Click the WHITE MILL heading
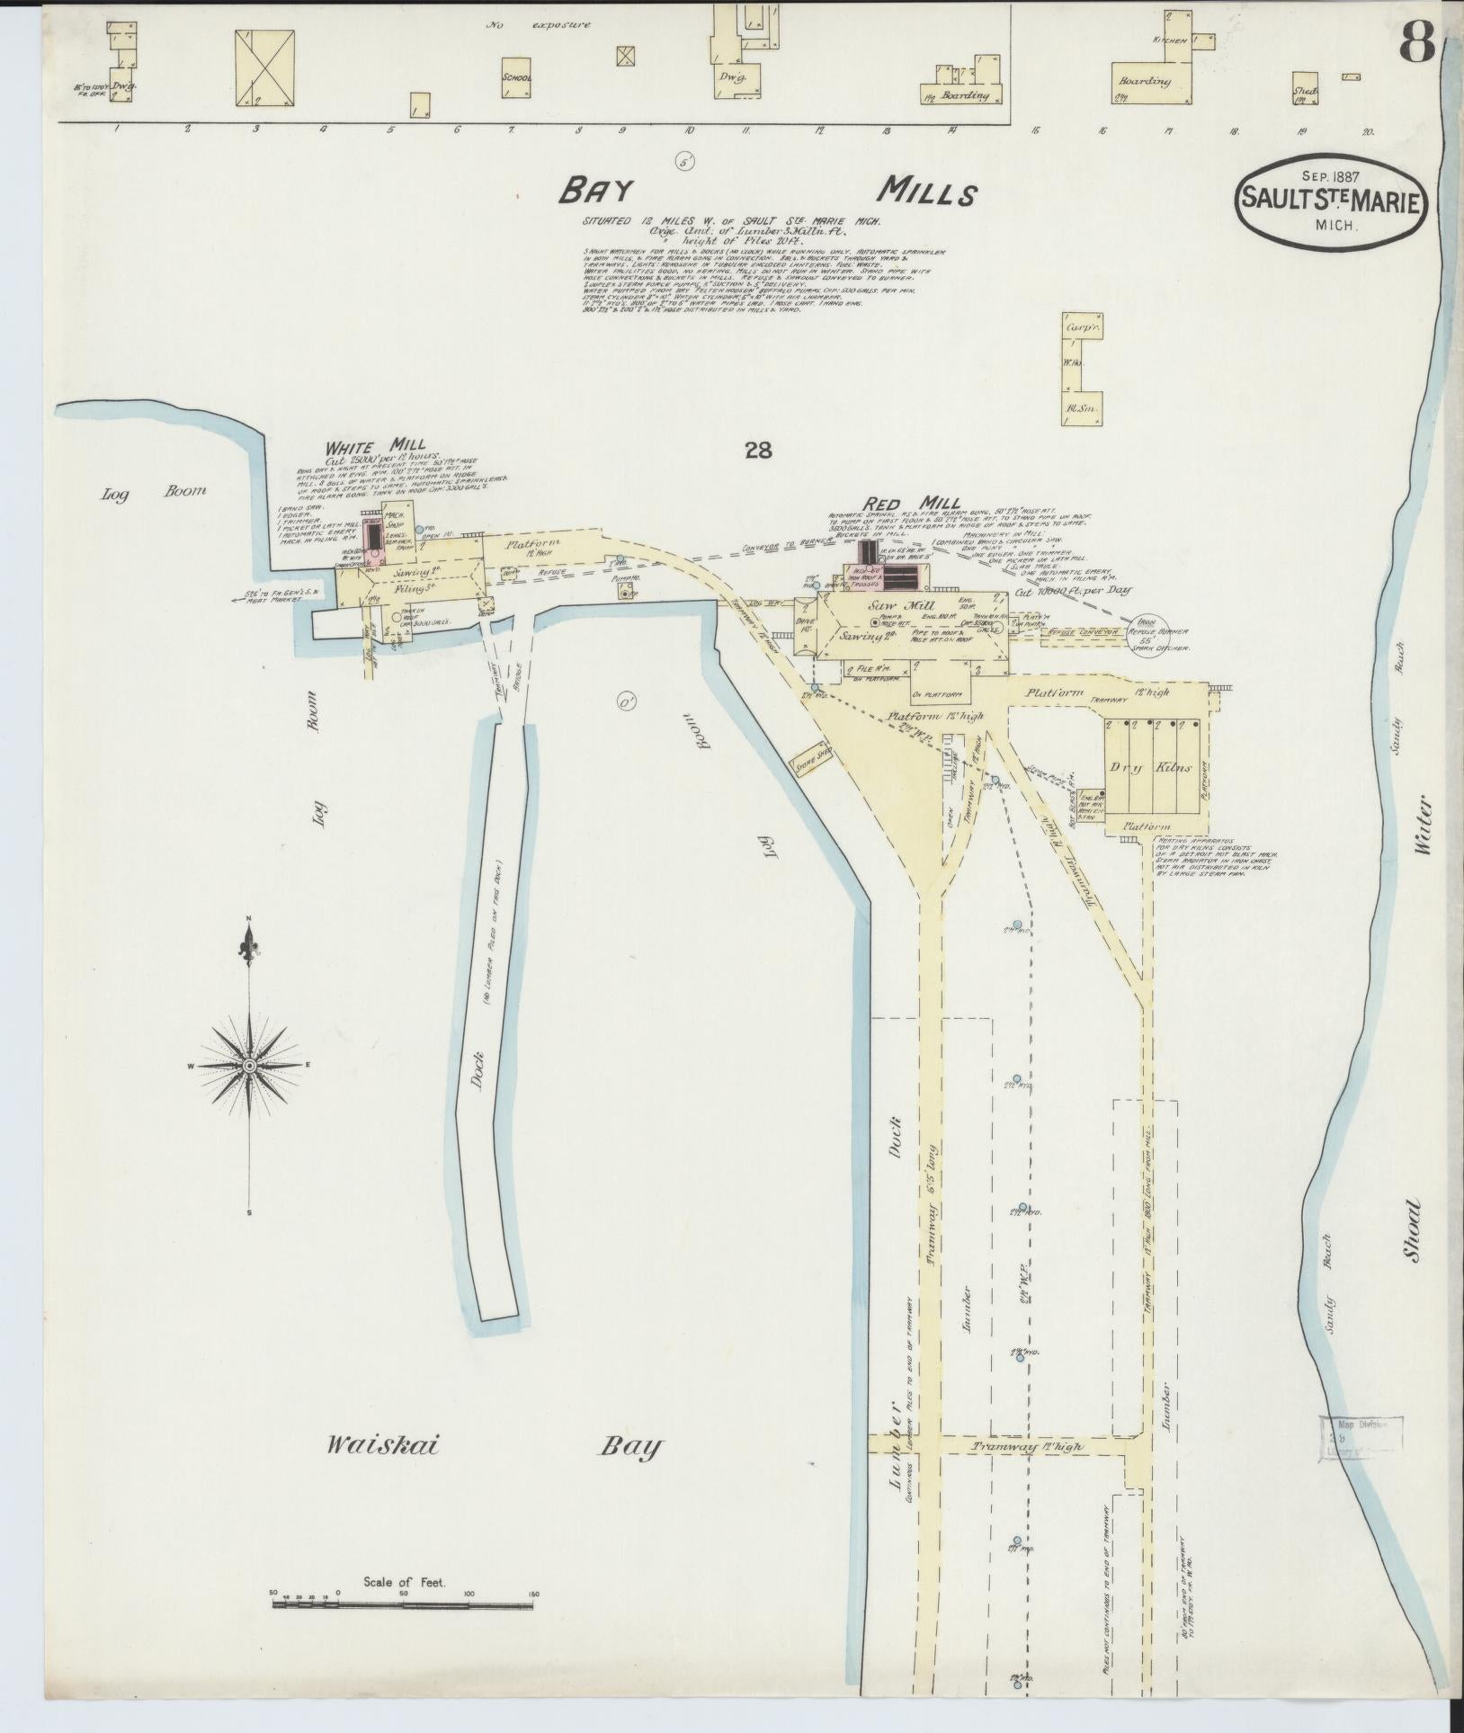click(x=363, y=445)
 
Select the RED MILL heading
click(x=912, y=504)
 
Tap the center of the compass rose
click(x=249, y=1065)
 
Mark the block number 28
click(x=757, y=451)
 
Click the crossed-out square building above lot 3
click(x=267, y=67)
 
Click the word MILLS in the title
click(x=927, y=192)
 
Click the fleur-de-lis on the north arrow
click(x=249, y=942)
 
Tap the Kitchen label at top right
click(x=1169, y=41)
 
